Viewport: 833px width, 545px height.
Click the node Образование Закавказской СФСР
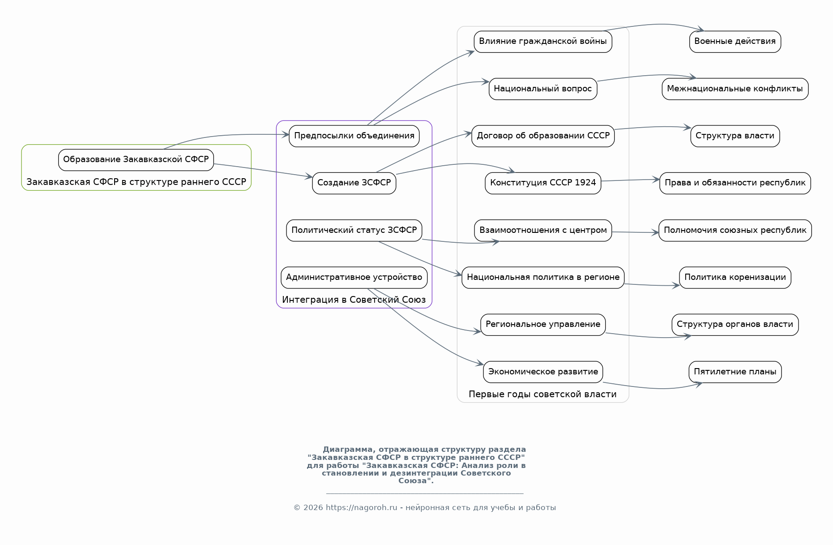point(136,160)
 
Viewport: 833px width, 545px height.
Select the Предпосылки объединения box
point(354,136)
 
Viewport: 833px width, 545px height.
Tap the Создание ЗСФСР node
point(354,183)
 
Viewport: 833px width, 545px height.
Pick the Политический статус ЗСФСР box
point(354,231)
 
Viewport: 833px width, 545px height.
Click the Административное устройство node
point(354,278)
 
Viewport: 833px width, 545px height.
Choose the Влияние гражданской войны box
point(543,42)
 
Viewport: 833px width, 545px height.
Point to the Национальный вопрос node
point(543,89)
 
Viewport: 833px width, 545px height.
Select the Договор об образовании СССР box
point(543,136)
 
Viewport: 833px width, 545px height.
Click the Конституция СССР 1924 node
point(543,183)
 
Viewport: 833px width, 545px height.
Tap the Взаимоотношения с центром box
point(543,231)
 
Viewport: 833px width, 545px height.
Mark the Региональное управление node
point(543,325)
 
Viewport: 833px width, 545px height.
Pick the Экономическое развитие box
point(543,372)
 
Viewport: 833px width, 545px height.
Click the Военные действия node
point(735,42)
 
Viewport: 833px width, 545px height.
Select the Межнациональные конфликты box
point(735,89)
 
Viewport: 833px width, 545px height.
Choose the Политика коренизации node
point(735,278)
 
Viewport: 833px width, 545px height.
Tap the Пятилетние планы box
point(735,372)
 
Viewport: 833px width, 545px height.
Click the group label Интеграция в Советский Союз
point(354,300)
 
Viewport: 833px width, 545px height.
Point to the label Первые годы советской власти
point(543,394)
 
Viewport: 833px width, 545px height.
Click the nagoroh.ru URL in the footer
point(361,507)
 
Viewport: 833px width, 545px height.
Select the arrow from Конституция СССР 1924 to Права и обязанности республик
point(630,180)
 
